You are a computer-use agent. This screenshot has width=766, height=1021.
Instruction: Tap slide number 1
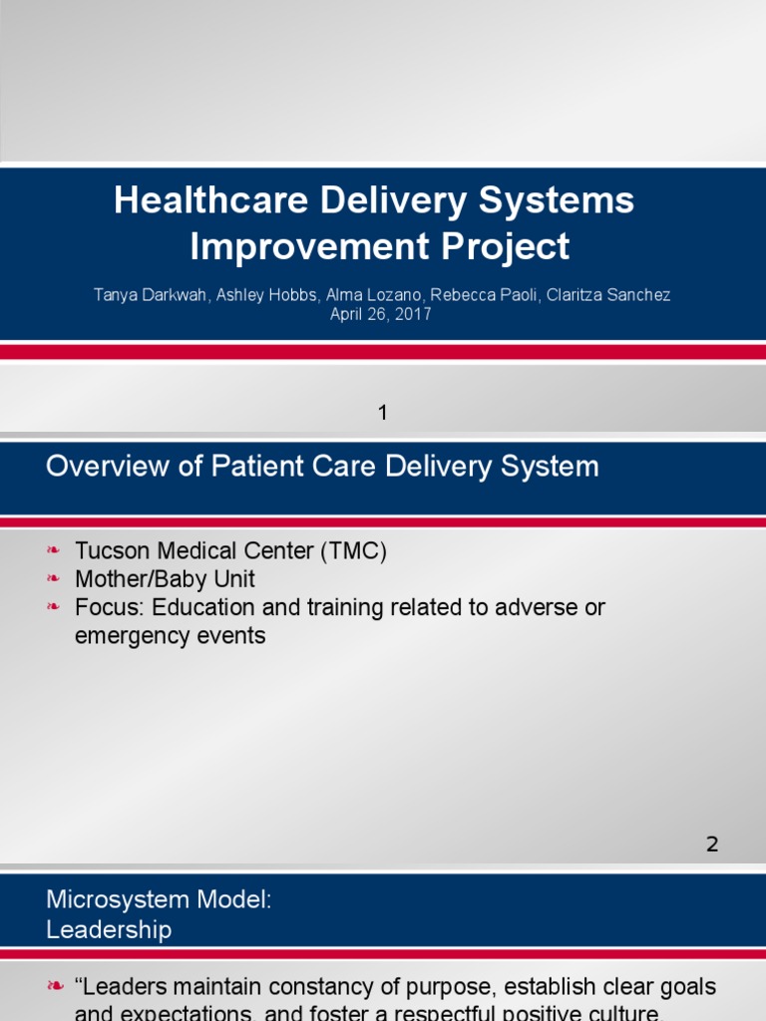pyautogui.click(x=382, y=412)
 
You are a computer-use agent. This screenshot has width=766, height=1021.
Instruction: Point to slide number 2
pyautogui.click(x=711, y=845)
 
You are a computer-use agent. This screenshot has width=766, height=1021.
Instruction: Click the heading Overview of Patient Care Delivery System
pyautogui.click(x=322, y=467)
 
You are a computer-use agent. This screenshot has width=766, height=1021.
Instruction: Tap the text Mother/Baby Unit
pyautogui.click(x=165, y=579)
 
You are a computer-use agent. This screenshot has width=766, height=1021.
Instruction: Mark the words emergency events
pyautogui.click(x=171, y=635)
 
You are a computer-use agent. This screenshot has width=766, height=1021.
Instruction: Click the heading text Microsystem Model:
pyautogui.click(x=159, y=899)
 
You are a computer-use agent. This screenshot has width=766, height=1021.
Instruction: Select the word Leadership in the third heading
pyautogui.click(x=109, y=930)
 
